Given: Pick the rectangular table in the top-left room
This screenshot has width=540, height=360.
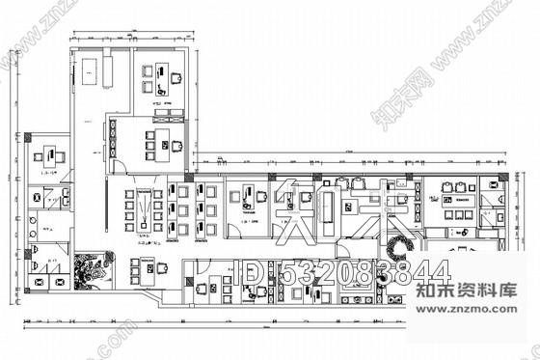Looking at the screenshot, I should [x=94, y=69].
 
